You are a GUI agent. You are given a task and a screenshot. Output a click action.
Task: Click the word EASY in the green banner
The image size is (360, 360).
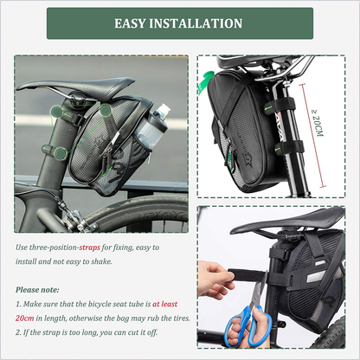pos(130,23)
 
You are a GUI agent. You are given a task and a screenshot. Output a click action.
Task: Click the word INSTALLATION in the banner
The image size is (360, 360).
pos(196,23)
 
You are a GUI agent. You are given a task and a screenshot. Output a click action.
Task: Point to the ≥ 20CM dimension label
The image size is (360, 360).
pos(318,123)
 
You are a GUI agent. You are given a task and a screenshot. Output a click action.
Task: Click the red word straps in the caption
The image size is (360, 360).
pos(90,247)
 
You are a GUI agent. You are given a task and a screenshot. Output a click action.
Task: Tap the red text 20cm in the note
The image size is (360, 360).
pos(25,318)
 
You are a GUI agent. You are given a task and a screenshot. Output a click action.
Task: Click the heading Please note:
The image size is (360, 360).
pos(37,290)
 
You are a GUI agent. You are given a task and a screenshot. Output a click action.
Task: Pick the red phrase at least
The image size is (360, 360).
pos(164,304)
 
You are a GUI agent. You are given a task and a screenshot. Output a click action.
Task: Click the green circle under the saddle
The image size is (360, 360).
pos(106,110)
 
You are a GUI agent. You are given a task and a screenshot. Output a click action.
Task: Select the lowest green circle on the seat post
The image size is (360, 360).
pos(61,153)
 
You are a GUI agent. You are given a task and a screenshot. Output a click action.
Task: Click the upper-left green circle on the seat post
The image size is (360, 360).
pos(56,112)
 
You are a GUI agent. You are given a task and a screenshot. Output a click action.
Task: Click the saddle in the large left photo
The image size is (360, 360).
pos(75,86)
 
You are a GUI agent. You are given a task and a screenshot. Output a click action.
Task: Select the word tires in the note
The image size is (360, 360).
pos(180,318)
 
